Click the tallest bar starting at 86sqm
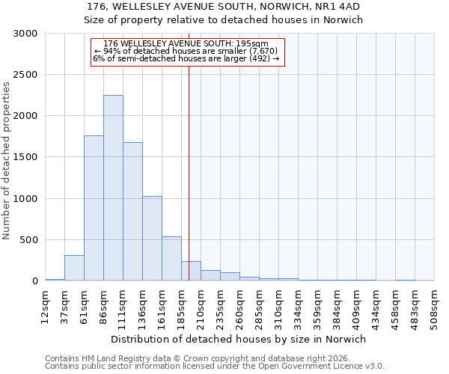tap(113, 188)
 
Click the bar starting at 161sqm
tap(171, 259)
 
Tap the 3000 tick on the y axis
tap(25, 34)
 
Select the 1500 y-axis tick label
tap(25, 158)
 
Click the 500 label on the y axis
tap(28, 240)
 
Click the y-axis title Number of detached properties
tap(7, 161)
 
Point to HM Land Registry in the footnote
tap(109, 358)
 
